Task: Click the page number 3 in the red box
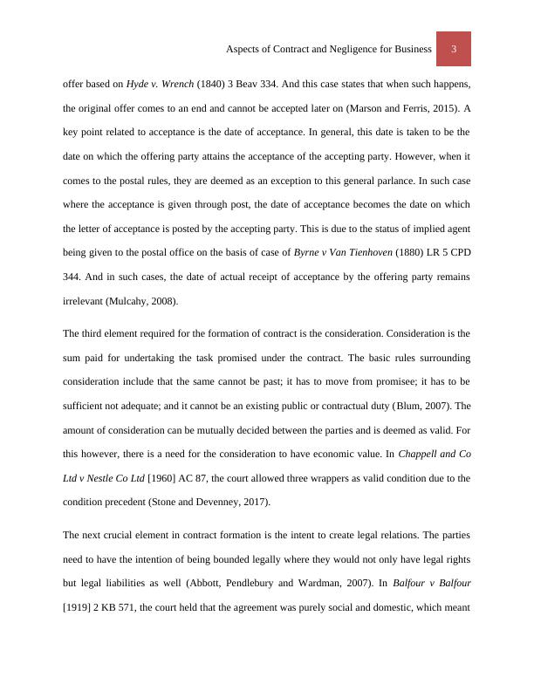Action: pos(454,50)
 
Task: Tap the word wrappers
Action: pos(341,478)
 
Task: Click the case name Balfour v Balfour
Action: pos(435,583)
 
